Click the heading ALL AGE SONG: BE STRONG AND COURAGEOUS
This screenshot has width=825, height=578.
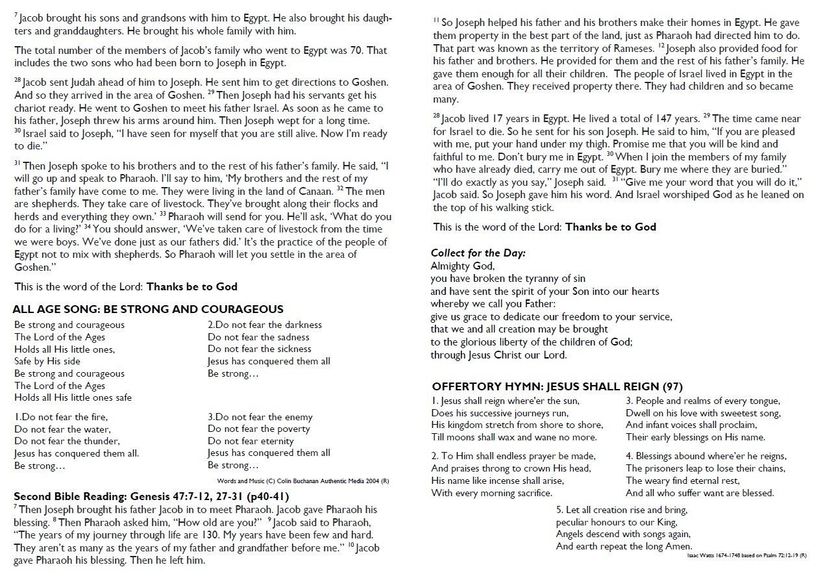point(149,309)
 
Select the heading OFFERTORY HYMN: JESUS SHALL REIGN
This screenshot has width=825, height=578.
point(557,386)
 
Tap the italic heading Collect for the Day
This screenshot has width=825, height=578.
point(478,253)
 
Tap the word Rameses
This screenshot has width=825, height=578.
point(630,49)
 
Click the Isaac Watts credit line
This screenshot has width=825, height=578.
point(746,556)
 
